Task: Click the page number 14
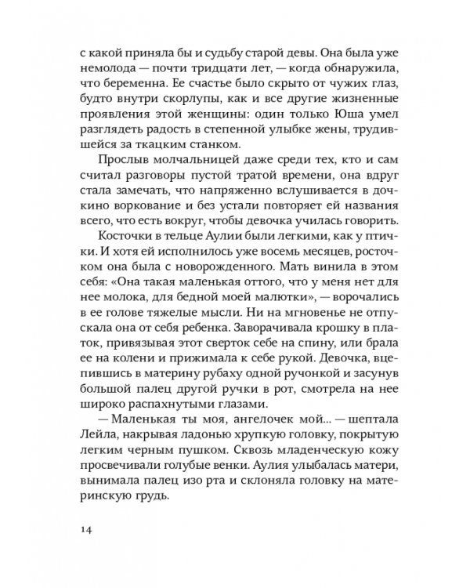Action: pyautogui.click(x=87, y=529)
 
